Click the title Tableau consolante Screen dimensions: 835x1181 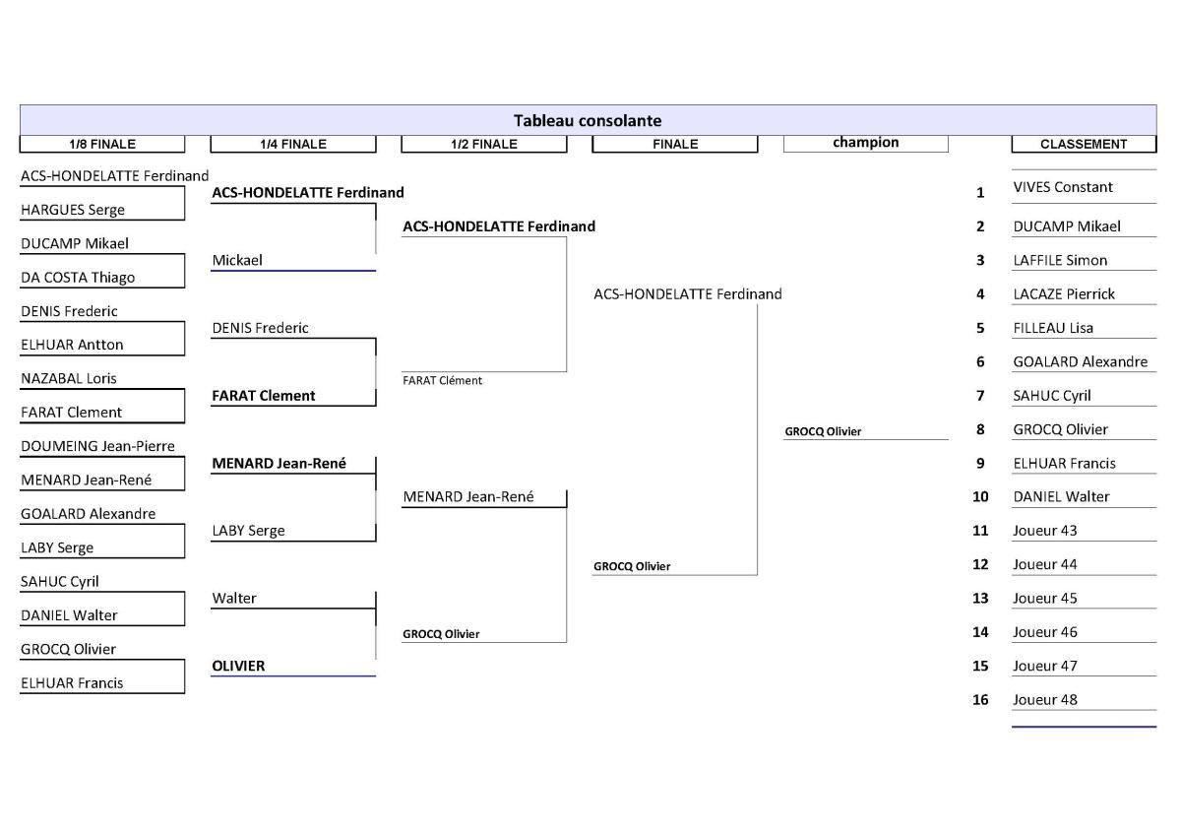pyautogui.click(x=588, y=121)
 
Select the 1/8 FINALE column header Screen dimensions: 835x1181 pyautogui.click(x=102, y=144)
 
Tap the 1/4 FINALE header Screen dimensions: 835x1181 pyautogui.click(x=293, y=144)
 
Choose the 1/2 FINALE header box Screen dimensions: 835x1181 pyautogui.click(x=484, y=144)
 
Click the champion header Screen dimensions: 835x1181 pyautogui.click(x=866, y=143)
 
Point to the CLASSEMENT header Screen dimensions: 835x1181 pyautogui.click(x=1084, y=144)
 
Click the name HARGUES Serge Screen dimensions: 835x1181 pyautogui.click(x=73, y=210)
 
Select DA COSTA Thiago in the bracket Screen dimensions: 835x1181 pyautogui.click(x=78, y=278)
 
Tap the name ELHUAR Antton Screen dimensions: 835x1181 pyautogui.click(x=72, y=345)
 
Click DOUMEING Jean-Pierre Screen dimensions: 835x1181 pyautogui.click(x=97, y=446)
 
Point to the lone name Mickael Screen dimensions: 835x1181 pyautogui.click(x=237, y=261)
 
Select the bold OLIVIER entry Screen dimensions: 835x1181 pyautogui.click(x=238, y=667)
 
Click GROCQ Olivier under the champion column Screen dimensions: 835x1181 pyautogui.click(x=823, y=432)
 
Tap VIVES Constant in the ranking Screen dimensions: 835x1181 pyautogui.click(x=1063, y=187)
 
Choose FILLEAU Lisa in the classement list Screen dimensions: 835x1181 pyautogui.click(x=1053, y=328)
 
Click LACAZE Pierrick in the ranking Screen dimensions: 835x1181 pyautogui.click(x=1064, y=294)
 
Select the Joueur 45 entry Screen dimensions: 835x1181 pyautogui.click(x=1045, y=599)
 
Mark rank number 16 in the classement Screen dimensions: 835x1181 pyautogui.click(x=980, y=700)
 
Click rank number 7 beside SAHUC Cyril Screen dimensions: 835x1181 pyautogui.click(x=980, y=396)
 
